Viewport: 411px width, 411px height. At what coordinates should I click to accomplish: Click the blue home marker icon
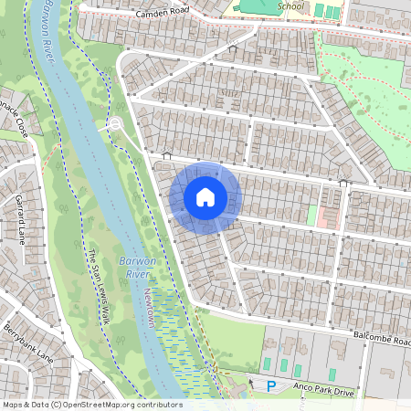coord(205,197)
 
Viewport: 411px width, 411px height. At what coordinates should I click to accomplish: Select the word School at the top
coord(290,5)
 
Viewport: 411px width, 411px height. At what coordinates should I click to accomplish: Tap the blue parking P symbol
coord(270,387)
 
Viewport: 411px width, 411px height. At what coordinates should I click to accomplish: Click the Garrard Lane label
coord(19,219)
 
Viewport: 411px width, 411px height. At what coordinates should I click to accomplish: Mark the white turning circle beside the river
coord(115,124)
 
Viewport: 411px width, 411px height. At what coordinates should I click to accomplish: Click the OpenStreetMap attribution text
coord(91,405)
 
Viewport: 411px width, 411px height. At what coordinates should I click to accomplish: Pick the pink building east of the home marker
coord(328,216)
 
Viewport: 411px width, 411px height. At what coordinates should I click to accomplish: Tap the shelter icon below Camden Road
coord(232,48)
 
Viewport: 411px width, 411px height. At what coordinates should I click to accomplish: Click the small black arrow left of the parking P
coord(252,383)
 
